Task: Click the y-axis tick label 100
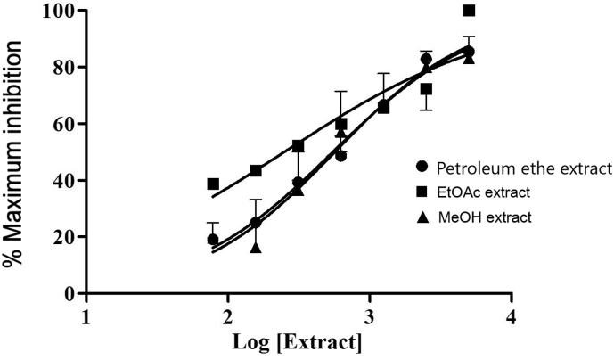pyautogui.click(x=60, y=11)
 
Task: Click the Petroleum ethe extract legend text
pyautogui.click(x=521, y=168)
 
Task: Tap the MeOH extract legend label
pyautogui.click(x=486, y=217)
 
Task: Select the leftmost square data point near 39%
pyautogui.click(x=213, y=184)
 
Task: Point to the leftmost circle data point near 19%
pyautogui.click(x=213, y=239)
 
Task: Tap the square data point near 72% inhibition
pyautogui.click(x=427, y=89)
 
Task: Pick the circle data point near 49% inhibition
pyautogui.click(x=340, y=155)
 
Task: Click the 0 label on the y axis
pyautogui.click(x=70, y=293)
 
